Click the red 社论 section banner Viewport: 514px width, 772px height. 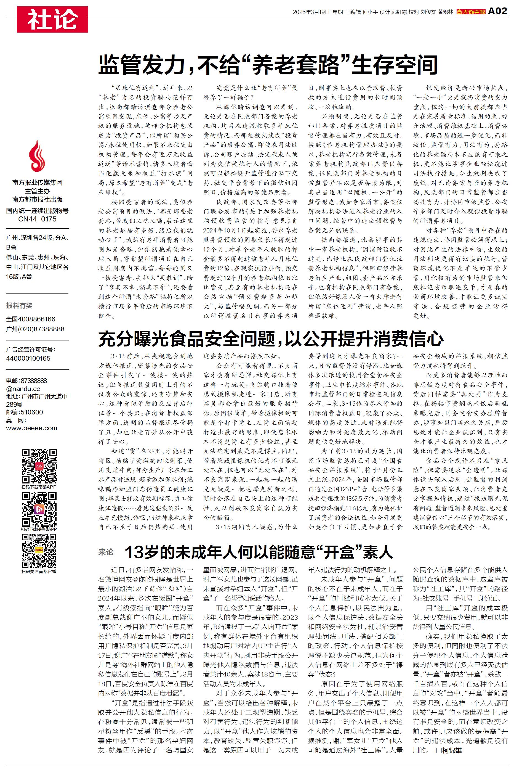pyautogui.click(x=52, y=19)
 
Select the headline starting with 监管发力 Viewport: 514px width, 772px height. pyautogui.click(x=268, y=65)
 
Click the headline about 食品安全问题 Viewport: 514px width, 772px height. pyautogui.click(x=271, y=339)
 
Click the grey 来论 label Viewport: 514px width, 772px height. pyautogui.click(x=106, y=552)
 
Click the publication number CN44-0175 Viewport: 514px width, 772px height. pyautogui.click(x=37, y=219)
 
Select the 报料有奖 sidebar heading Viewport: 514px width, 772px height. pyautogui.click(x=19, y=306)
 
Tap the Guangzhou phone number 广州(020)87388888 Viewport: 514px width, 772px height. pyautogui.click(x=35, y=329)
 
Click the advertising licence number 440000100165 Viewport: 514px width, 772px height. pyautogui.click(x=28, y=358)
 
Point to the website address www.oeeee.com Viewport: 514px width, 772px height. pyautogui.click(x=31, y=428)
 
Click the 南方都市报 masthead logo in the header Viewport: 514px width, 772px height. pyautogui.click(x=471, y=12)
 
